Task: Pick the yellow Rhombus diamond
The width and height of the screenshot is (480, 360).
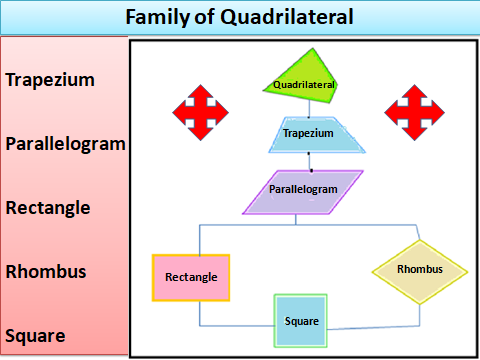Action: click(x=419, y=271)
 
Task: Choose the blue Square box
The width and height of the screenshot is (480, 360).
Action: click(x=302, y=321)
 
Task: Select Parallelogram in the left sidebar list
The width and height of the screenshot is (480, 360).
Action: click(x=65, y=143)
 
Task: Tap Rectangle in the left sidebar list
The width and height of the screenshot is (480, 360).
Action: click(x=48, y=208)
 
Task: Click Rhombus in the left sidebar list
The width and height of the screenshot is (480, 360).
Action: click(x=45, y=271)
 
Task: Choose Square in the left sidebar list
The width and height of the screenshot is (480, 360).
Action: click(x=35, y=335)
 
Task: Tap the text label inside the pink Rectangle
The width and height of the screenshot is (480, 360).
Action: click(x=191, y=277)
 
